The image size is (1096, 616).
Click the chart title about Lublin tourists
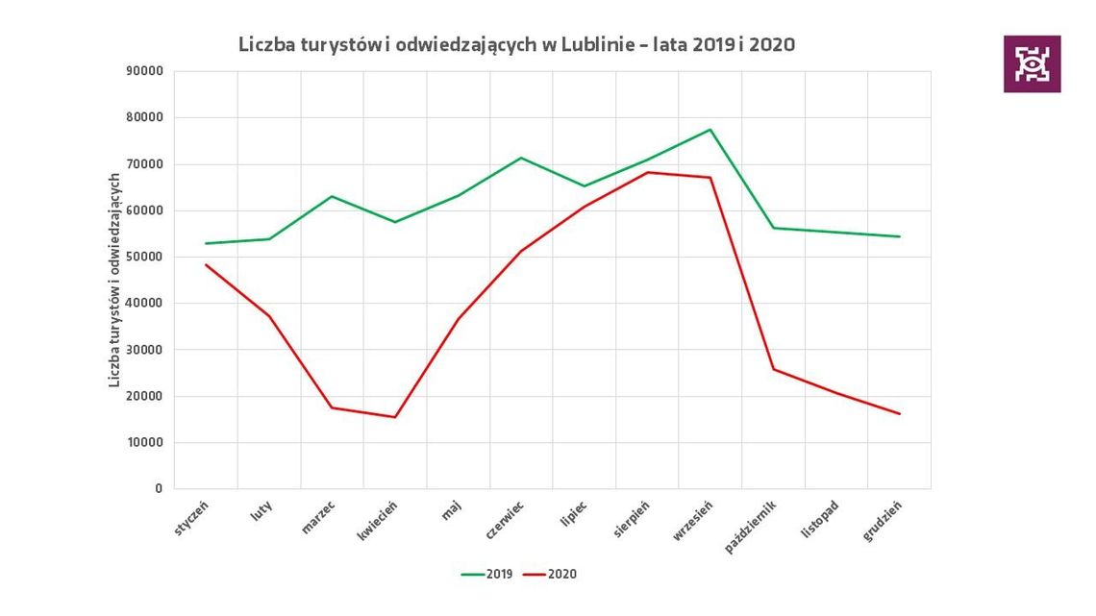516,44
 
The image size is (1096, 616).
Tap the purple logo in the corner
1032,64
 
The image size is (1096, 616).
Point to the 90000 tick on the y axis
144,71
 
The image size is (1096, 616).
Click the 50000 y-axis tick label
144,257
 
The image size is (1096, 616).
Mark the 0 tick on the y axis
158,489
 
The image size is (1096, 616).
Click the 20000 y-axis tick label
144,396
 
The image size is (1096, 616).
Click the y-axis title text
114,281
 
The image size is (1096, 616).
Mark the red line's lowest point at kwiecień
395,417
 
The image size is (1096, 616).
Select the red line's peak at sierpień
647,172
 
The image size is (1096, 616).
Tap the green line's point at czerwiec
521,158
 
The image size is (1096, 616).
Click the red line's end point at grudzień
900,414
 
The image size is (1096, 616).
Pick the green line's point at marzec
332,196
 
